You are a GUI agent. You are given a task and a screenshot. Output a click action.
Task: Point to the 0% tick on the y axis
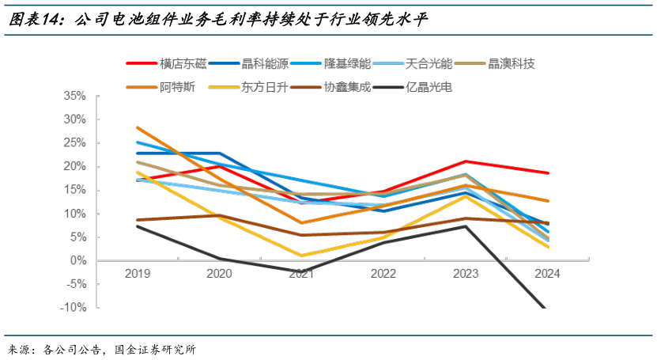pyautogui.click(x=77, y=260)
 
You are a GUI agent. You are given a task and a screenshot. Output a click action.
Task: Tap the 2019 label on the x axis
pyautogui.click(x=138, y=273)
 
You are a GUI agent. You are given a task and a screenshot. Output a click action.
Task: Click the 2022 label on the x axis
pyautogui.click(x=383, y=273)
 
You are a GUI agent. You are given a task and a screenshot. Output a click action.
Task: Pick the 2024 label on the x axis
pyautogui.click(x=546, y=273)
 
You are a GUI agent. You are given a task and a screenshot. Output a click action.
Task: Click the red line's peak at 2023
pyautogui.click(x=465, y=161)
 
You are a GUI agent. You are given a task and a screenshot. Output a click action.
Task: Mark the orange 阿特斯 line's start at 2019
pyautogui.click(x=138, y=127)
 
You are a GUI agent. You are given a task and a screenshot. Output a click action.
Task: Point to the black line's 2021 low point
pyautogui.click(x=301, y=271)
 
